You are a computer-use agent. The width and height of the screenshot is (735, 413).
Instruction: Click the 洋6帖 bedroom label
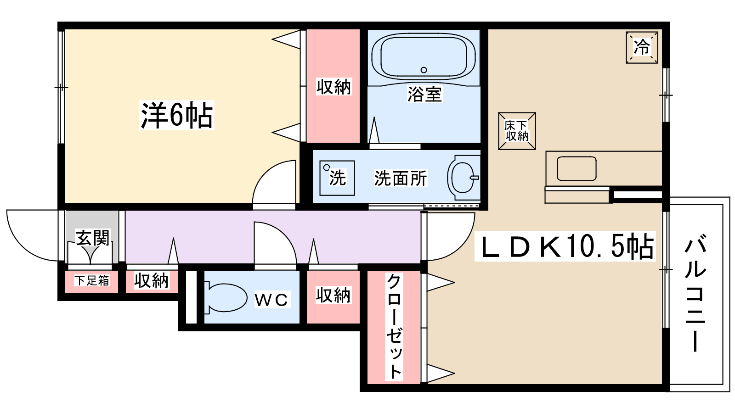[x=177, y=115]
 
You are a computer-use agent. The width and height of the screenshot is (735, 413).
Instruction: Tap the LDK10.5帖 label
[x=565, y=246]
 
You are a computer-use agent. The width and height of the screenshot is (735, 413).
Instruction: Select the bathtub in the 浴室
[x=424, y=57]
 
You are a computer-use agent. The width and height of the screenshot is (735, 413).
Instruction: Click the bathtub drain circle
[x=424, y=70]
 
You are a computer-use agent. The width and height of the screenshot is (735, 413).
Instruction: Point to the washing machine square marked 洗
[x=337, y=178]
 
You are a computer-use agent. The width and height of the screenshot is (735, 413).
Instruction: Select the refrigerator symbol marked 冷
[x=642, y=48]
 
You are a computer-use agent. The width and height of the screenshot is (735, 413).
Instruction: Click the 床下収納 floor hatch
[x=517, y=131]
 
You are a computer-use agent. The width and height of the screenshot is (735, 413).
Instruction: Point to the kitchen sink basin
[x=577, y=168]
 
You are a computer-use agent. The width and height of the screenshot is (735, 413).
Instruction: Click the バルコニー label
[x=695, y=294]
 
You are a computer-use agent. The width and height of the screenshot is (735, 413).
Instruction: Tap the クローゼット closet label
[x=394, y=327]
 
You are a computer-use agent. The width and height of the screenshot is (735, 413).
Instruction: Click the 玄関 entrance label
[x=93, y=238]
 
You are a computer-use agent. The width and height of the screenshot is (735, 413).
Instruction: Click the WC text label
[x=271, y=299]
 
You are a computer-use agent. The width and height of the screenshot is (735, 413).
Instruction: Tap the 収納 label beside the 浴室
[x=334, y=87]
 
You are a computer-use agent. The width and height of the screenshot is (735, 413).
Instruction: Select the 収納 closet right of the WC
[x=333, y=297]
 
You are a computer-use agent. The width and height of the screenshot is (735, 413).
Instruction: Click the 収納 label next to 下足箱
[x=151, y=281]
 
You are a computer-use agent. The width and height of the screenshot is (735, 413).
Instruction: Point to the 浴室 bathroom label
[x=424, y=94]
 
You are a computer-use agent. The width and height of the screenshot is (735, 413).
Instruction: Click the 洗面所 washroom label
[x=401, y=179]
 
